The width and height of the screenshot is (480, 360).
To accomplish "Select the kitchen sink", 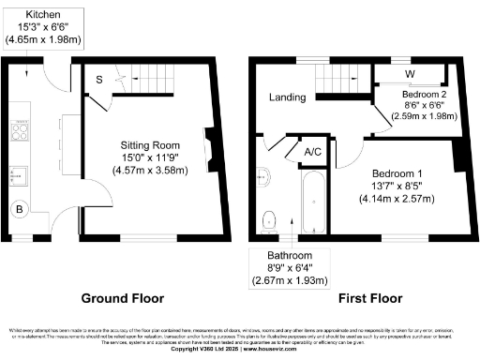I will point(20,175).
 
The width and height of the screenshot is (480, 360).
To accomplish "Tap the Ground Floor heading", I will point(122,298).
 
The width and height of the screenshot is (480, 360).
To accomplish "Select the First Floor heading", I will point(360,298).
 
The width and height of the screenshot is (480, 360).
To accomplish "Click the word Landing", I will point(287,97).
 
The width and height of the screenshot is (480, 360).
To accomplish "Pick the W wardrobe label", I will point(410,74).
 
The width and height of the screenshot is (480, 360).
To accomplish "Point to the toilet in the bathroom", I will point(269,219).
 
